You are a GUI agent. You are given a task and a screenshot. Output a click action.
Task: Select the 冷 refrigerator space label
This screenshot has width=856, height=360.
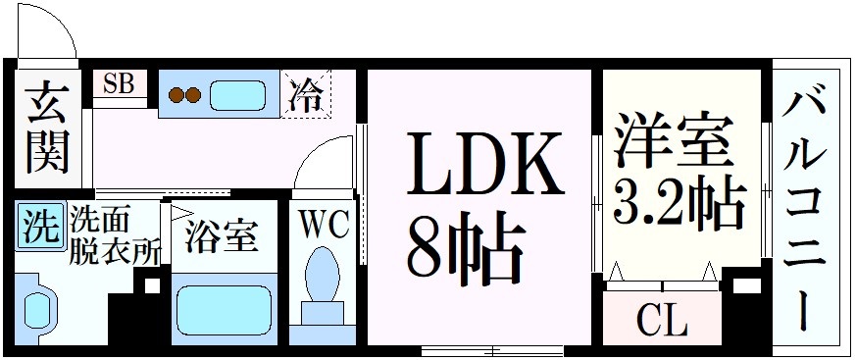coord(306,96)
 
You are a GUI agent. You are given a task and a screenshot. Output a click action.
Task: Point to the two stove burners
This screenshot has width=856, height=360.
coord(185,95)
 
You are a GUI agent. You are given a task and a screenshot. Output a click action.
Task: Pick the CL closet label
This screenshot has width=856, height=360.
coord(662,321)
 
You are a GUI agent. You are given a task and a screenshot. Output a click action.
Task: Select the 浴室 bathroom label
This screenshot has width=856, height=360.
coord(222,235)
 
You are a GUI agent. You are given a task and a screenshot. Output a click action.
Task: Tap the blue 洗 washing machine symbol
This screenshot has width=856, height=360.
coord(39,229)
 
